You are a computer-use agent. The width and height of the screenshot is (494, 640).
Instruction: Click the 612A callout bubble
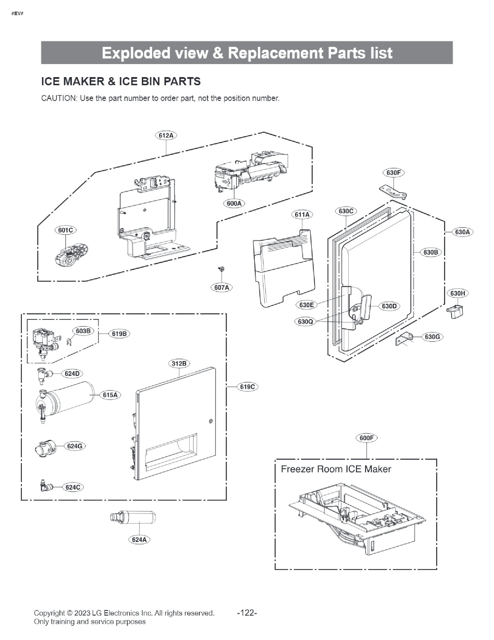pyautogui.click(x=166, y=135)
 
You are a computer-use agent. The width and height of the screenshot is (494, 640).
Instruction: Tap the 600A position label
pyautogui.click(x=234, y=203)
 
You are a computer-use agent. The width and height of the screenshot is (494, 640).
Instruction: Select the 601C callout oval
pyautogui.click(x=66, y=230)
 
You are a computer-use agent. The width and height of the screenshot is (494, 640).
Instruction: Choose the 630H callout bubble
pyautogui.click(x=457, y=293)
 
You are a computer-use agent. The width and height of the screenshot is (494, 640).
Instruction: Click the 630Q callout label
pyautogui.click(x=305, y=321)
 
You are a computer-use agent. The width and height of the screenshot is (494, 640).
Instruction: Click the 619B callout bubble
pyautogui.click(x=119, y=333)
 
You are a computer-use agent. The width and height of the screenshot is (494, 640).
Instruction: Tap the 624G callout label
pyautogui.click(x=74, y=446)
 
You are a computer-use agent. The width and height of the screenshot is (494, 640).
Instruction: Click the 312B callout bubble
pyautogui.click(x=179, y=363)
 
